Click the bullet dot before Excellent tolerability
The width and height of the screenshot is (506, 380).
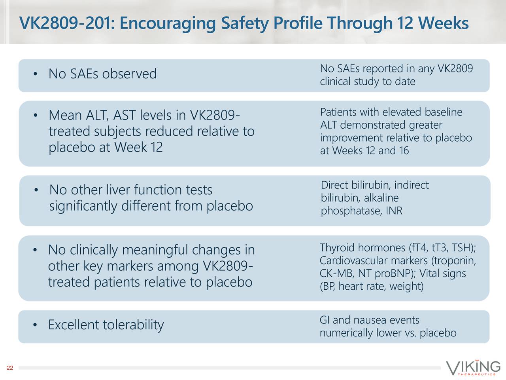pos(35,326)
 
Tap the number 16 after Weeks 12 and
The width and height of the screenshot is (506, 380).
pos(404,151)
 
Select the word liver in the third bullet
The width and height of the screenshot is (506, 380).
pos(118,190)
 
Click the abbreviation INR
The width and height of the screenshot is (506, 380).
pos(394,211)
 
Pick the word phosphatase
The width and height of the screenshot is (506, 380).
pos(350,211)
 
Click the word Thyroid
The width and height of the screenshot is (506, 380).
pos(337,248)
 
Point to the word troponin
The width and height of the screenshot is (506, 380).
pos(455,261)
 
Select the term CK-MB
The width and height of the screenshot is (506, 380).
pos(336,274)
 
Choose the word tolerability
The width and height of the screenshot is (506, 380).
pos(133,325)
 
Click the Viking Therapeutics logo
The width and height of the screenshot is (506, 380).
pos(473,368)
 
